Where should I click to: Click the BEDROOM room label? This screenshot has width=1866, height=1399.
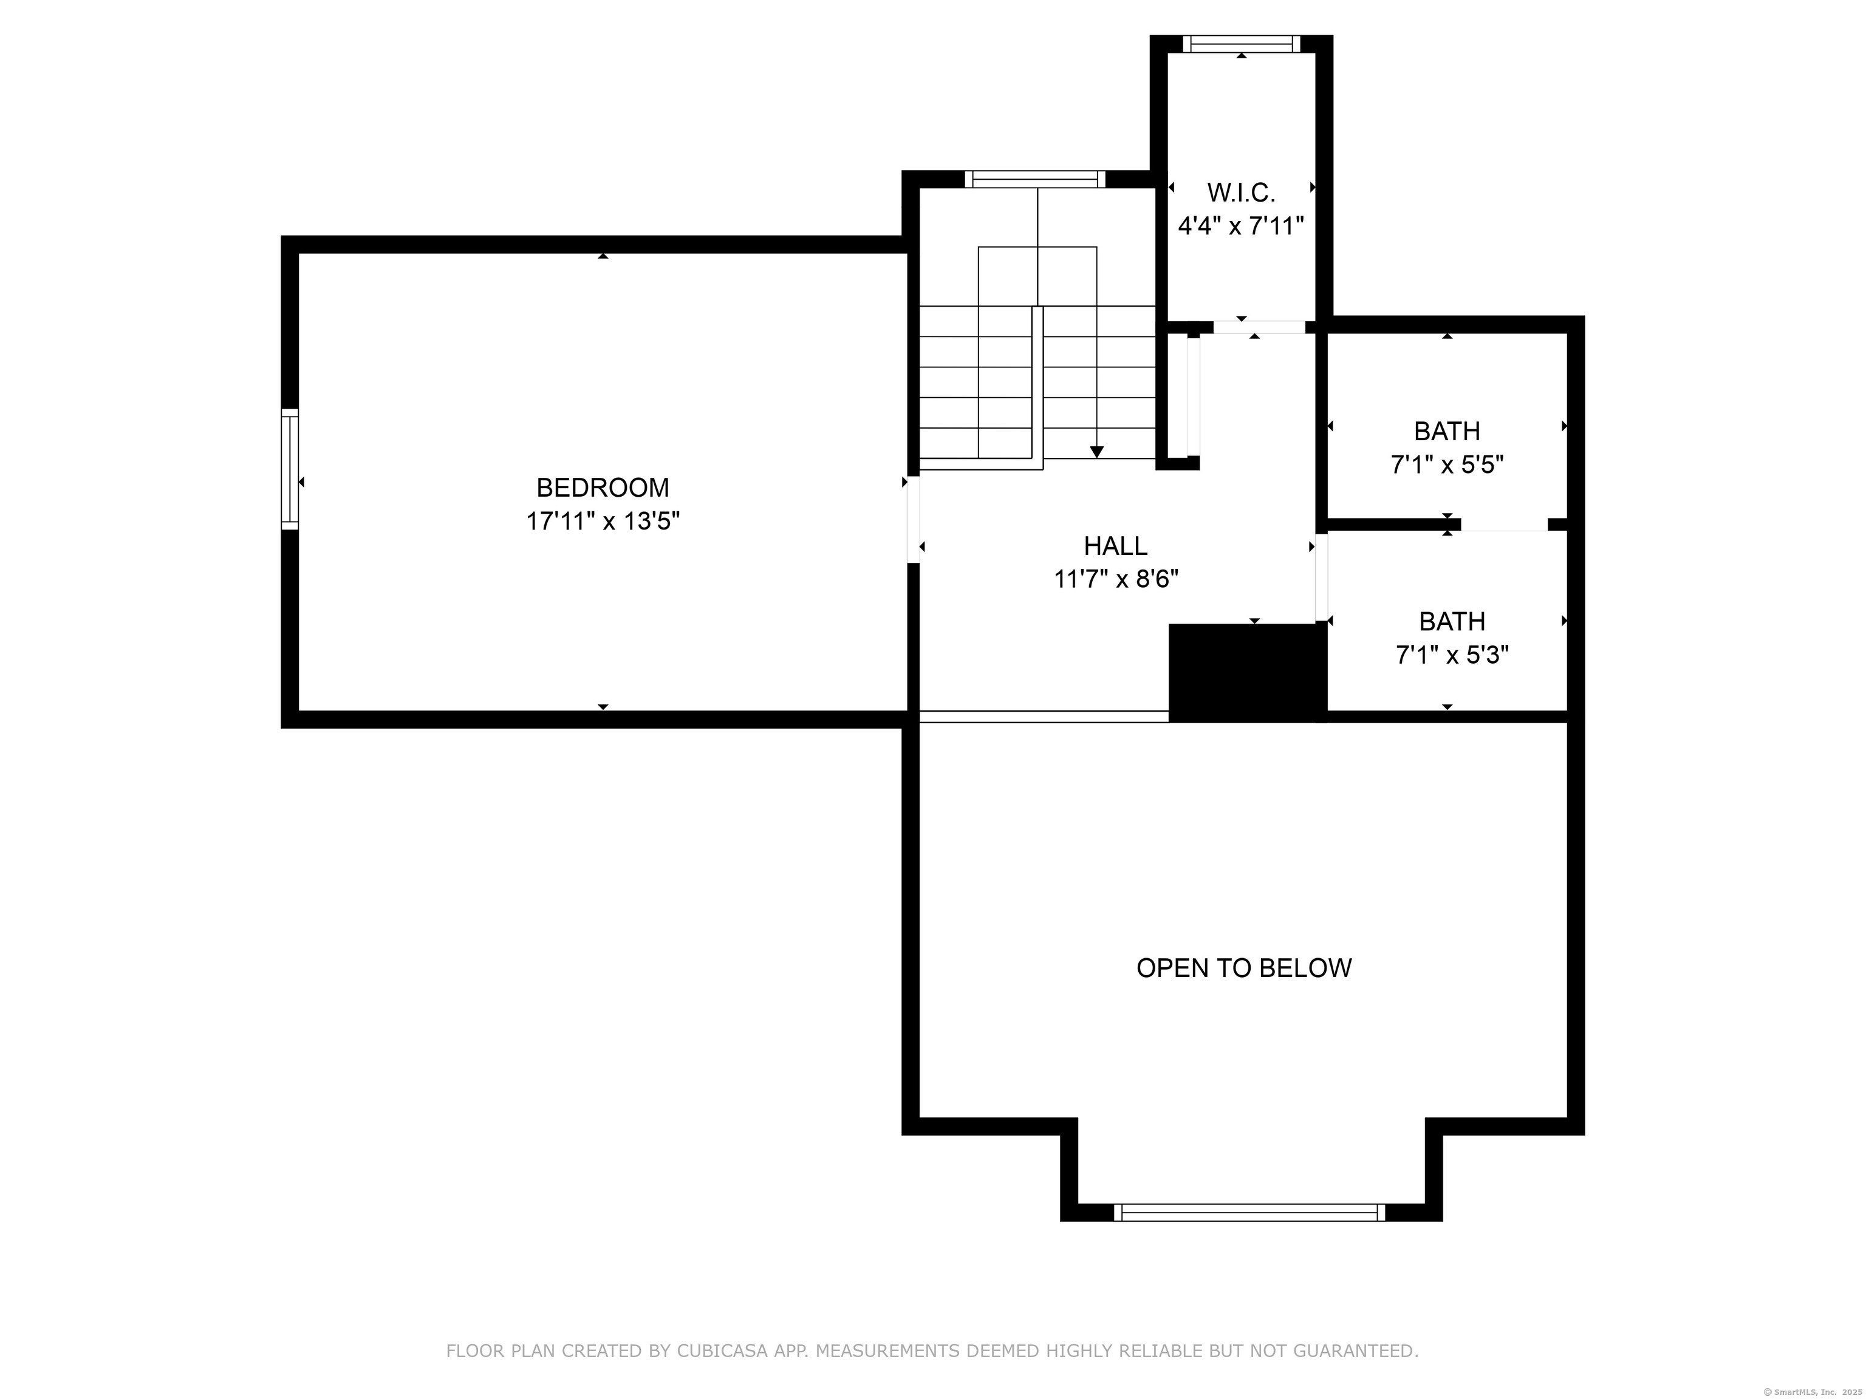click(x=603, y=488)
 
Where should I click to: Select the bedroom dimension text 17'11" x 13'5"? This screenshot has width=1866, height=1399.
click(x=603, y=521)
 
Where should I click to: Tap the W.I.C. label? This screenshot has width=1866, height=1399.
click(x=1241, y=193)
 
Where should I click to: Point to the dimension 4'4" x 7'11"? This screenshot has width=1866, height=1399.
click(x=1241, y=226)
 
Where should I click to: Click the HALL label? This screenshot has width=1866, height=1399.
click(x=1115, y=546)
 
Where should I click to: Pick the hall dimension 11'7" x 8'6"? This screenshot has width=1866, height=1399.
click(x=1115, y=579)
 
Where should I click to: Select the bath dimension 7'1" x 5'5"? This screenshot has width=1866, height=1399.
click(x=1447, y=465)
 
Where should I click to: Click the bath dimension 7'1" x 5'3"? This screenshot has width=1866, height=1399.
click(x=1452, y=655)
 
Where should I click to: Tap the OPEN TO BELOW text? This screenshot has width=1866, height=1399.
click(x=1243, y=968)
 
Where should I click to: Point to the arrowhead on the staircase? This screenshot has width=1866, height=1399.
click(x=1096, y=452)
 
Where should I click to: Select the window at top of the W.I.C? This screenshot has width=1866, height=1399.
click(x=1241, y=44)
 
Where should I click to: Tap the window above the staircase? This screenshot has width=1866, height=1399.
click(x=1035, y=179)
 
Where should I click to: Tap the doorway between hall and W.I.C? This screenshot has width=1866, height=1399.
click(x=1259, y=327)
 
